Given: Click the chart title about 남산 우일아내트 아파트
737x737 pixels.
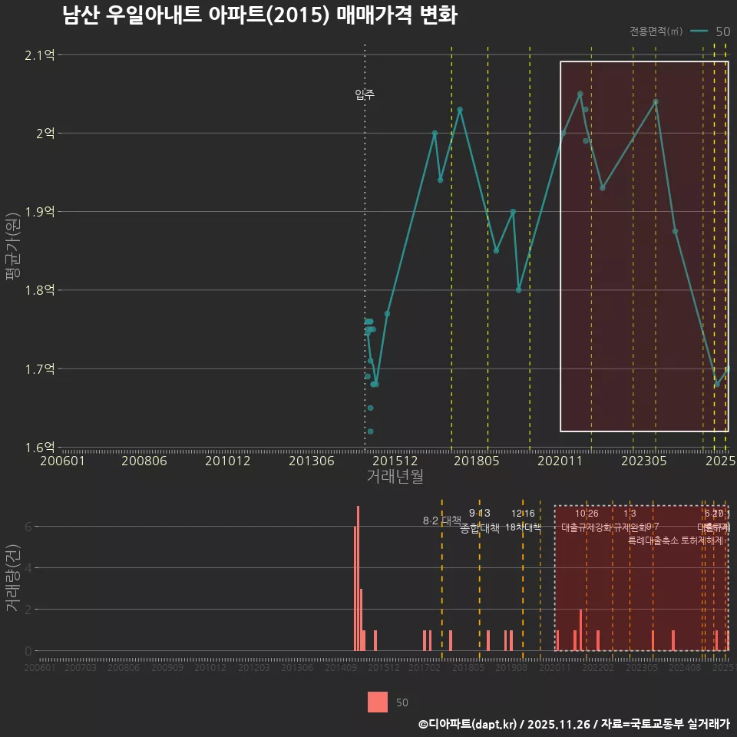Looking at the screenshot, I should (260, 16).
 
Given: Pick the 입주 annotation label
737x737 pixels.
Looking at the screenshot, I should (365, 95).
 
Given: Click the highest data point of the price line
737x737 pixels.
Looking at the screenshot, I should (580, 94).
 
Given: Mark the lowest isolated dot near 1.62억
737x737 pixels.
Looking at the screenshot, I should (370, 431).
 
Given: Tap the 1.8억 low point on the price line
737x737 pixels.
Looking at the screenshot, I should (519, 290).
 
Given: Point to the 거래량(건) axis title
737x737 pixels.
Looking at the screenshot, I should (12, 578).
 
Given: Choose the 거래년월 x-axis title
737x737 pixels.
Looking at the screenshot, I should (395, 477).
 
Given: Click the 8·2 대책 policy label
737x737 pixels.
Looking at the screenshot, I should (441, 521).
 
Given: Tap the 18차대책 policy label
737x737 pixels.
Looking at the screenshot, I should (523, 527).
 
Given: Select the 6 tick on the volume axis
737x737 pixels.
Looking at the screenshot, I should (28, 527).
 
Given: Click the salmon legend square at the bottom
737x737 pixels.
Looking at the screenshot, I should (378, 702).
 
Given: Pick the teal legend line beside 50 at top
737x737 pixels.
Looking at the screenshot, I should (699, 31).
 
